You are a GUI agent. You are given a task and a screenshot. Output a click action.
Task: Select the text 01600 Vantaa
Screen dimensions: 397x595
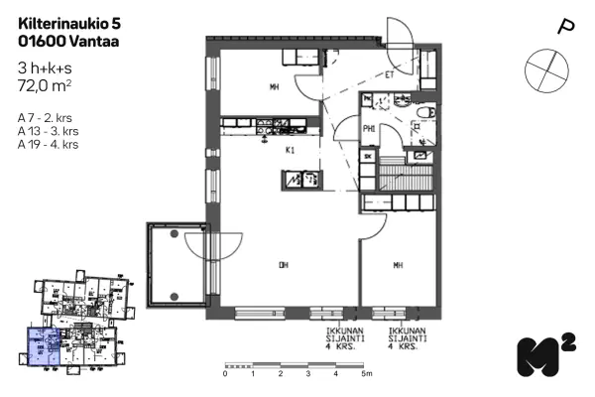click(x=61, y=42)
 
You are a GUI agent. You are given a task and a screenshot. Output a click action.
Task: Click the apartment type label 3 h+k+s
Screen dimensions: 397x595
click(x=46, y=67)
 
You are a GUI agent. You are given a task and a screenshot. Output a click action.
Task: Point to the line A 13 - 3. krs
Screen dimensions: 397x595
click(x=49, y=130)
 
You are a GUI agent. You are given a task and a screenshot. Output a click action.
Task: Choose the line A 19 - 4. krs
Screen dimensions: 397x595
click(x=49, y=144)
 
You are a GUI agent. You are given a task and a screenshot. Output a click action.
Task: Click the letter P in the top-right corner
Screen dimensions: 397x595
click(x=566, y=28)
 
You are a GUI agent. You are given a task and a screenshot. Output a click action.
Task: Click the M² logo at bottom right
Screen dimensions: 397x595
click(x=544, y=355)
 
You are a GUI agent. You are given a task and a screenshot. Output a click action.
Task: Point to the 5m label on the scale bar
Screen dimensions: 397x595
click(x=366, y=374)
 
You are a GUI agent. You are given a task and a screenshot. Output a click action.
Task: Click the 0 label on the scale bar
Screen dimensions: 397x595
click(x=225, y=374)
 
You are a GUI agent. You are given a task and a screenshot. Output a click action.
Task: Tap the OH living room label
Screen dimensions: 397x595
click(x=283, y=265)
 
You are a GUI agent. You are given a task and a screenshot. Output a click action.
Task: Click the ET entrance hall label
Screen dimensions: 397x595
click(x=390, y=74)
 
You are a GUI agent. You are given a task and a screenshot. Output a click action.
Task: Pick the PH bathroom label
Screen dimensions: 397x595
click(x=367, y=128)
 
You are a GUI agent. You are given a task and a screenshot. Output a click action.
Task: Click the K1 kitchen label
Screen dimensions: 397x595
click(x=291, y=152)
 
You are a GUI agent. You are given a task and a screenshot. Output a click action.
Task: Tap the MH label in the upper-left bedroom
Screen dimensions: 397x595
click(x=274, y=87)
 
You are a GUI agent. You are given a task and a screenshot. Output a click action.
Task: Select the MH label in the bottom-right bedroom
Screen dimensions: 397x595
click(x=397, y=265)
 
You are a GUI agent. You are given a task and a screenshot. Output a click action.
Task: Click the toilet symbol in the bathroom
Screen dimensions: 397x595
click(x=424, y=116)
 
